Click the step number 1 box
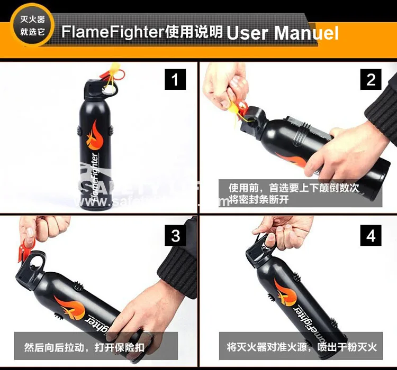[x=175, y=80]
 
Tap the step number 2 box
[x=371, y=80]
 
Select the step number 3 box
[x=175, y=235]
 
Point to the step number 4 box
[x=371, y=235]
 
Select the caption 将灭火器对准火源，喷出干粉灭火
[x=302, y=348]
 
